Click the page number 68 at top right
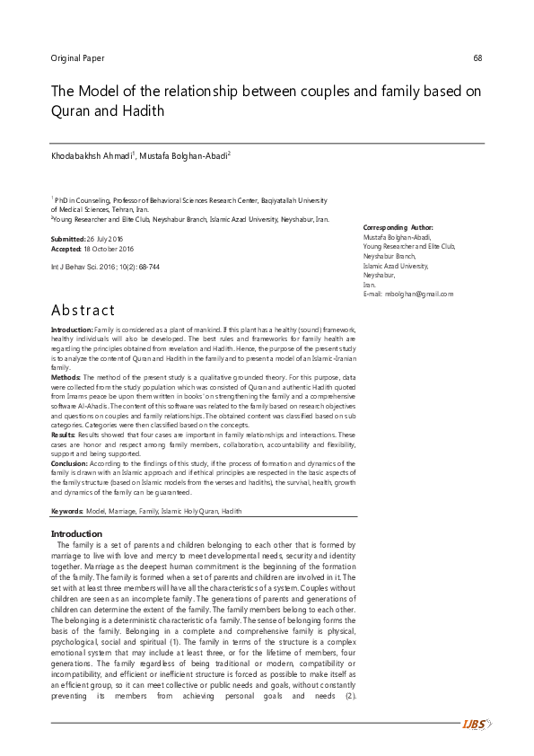pyautogui.click(x=477, y=58)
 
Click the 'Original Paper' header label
pyautogui.click(x=78, y=58)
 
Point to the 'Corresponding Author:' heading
pyautogui.click(x=398, y=228)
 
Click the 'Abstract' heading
pyautogui.click(x=83, y=311)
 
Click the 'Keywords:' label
pyautogui.click(x=67, y=510)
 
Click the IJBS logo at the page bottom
pyautogui.click(x=474, y=725)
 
